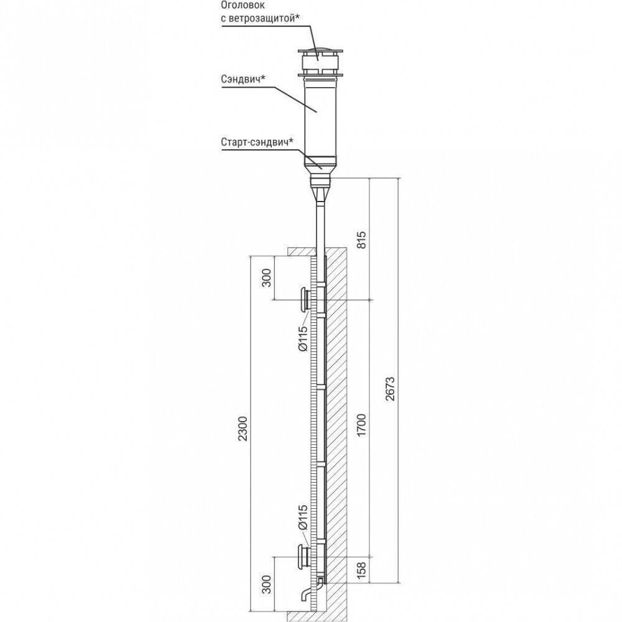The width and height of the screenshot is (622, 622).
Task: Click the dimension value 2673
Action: tap(390, 389)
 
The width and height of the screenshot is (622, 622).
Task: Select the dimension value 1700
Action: tap(361, 425)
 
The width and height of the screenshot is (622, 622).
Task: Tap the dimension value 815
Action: tap(362, 239)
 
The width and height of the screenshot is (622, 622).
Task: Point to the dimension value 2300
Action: tap(243, 429)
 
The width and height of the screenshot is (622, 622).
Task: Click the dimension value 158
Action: tap(361, 570)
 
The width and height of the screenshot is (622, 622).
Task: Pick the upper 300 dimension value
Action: tap(267, 277)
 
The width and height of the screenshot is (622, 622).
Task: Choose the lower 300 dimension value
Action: tap(267, 584)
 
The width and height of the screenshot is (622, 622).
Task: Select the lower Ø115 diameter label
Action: tap(303, 518)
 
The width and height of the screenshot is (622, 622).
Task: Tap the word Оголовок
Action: tap(243, 6)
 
